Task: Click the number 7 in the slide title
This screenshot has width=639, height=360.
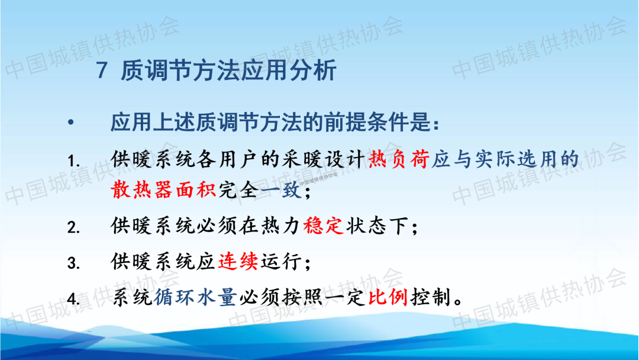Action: click(102, 70)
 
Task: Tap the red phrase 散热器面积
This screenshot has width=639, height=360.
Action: click(163, 190)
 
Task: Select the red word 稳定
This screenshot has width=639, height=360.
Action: click(323, 226)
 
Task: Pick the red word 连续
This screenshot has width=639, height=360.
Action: click(238, 261)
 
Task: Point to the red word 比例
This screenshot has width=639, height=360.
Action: click(388, 297)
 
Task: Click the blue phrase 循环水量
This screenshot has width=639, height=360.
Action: click(195, 297)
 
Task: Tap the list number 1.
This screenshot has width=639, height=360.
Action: click(73, 162)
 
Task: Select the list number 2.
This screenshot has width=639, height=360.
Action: click(73, 227)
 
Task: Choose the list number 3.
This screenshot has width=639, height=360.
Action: click(73, 263)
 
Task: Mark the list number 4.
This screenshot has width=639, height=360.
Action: click(73, 299)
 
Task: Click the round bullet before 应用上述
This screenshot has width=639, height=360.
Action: click(71, 122)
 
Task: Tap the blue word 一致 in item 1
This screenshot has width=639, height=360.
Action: click(281, 190)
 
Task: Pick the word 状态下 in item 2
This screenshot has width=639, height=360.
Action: click(377, 226)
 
